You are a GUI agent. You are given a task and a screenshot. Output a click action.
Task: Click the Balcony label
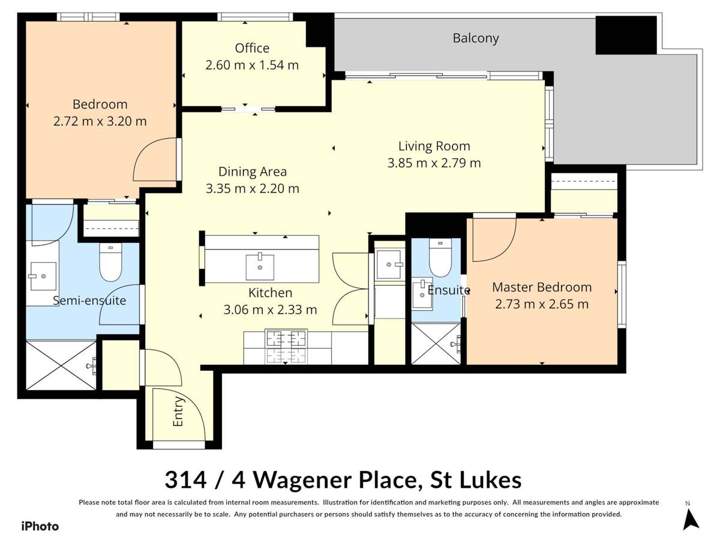476,38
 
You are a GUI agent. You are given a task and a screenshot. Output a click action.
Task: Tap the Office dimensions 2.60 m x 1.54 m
252,65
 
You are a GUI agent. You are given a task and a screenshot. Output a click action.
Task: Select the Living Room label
434,146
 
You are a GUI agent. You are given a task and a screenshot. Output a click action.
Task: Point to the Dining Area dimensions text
252,188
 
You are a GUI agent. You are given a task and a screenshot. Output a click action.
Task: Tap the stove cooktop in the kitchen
286,347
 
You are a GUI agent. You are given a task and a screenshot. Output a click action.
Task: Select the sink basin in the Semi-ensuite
41,277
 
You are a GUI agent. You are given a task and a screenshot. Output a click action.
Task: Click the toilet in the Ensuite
440,258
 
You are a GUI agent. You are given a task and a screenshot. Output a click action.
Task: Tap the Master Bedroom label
541,287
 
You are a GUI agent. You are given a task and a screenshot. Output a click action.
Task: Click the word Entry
178,413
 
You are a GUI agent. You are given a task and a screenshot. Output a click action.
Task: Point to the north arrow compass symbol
691,518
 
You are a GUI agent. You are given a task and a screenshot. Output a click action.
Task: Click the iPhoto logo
40,526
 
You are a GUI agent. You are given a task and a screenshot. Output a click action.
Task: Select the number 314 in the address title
186,480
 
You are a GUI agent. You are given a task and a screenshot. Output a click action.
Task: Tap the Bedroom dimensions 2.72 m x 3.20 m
100,121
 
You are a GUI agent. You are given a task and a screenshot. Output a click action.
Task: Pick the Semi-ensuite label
89,300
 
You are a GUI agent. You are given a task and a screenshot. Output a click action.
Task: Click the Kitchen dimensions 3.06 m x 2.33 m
270,310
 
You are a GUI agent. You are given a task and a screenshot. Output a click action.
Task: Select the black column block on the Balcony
626,35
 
